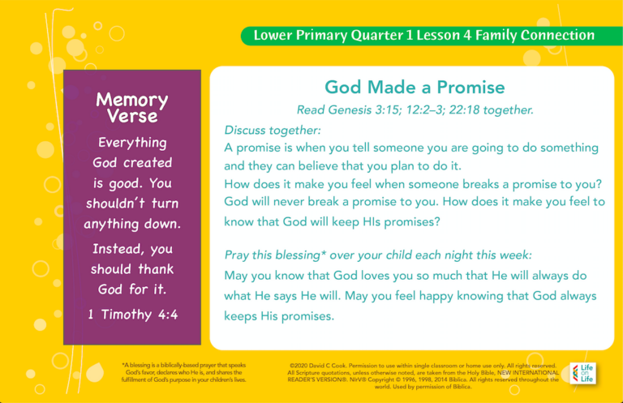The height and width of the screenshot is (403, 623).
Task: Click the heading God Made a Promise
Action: coord(415,88)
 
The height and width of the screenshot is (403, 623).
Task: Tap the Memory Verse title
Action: coord(132,107)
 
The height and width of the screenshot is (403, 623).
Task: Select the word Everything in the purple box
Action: coord(132,143)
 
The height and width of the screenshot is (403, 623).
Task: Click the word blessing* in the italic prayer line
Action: coord(312,255)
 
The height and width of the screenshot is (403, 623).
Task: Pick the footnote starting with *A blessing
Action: coord(184,372)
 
